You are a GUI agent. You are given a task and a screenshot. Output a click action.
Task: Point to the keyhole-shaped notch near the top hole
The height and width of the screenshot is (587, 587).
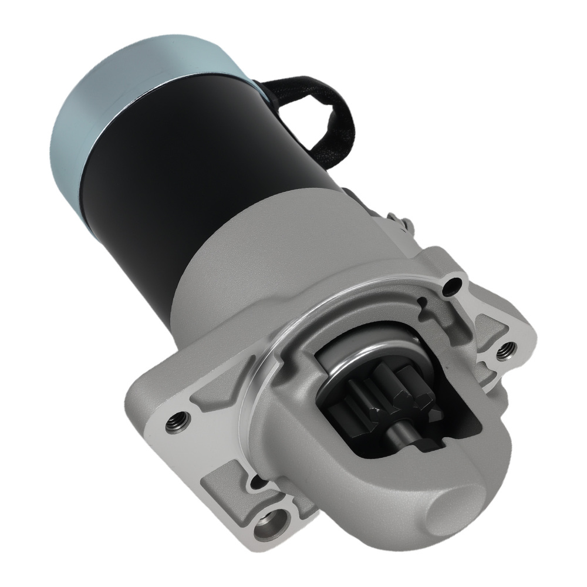click(421, 303)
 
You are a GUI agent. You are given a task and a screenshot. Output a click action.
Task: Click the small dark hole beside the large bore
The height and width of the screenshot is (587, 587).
click(254, 483)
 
